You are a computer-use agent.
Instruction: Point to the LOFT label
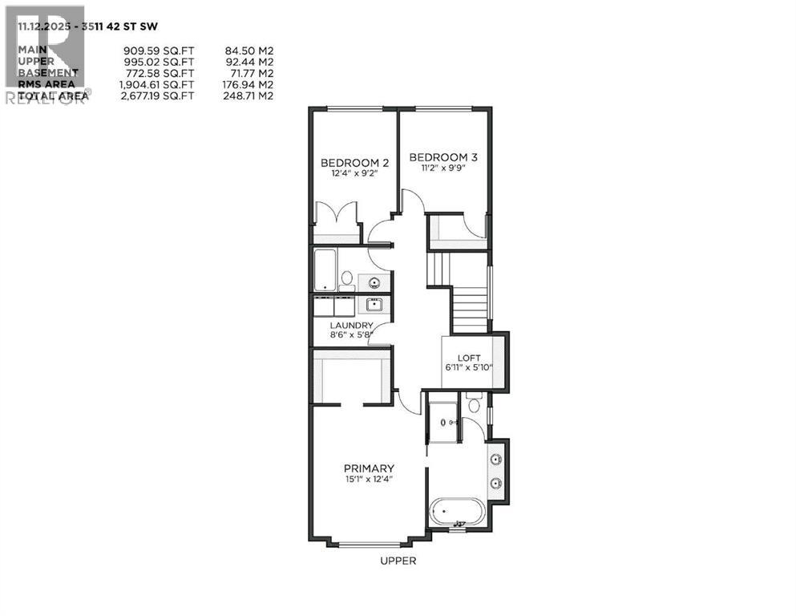click(468, 358)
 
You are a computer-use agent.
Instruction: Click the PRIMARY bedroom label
click(369, 468)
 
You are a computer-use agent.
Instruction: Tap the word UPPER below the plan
click(398, 561)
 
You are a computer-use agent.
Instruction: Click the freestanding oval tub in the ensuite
click(458, 512)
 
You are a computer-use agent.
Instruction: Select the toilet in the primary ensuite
click(474, 404)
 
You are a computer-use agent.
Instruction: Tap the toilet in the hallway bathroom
click(347, 279)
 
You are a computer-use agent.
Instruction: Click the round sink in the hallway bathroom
click(374, 282)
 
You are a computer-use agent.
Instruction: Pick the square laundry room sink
click(374, 304)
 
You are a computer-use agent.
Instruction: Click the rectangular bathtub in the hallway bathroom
click(325, 269)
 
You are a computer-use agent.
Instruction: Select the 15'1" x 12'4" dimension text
click(369, 480)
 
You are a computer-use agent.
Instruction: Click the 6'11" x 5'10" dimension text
click(468, 368)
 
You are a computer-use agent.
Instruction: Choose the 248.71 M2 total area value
click(248, 95)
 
